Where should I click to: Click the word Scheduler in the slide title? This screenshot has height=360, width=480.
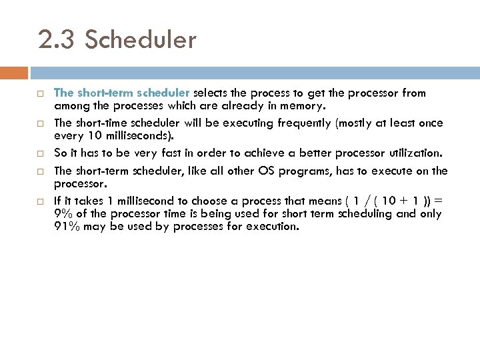tap(141, 40)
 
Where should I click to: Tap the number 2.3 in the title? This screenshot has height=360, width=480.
tap(57, 40)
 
